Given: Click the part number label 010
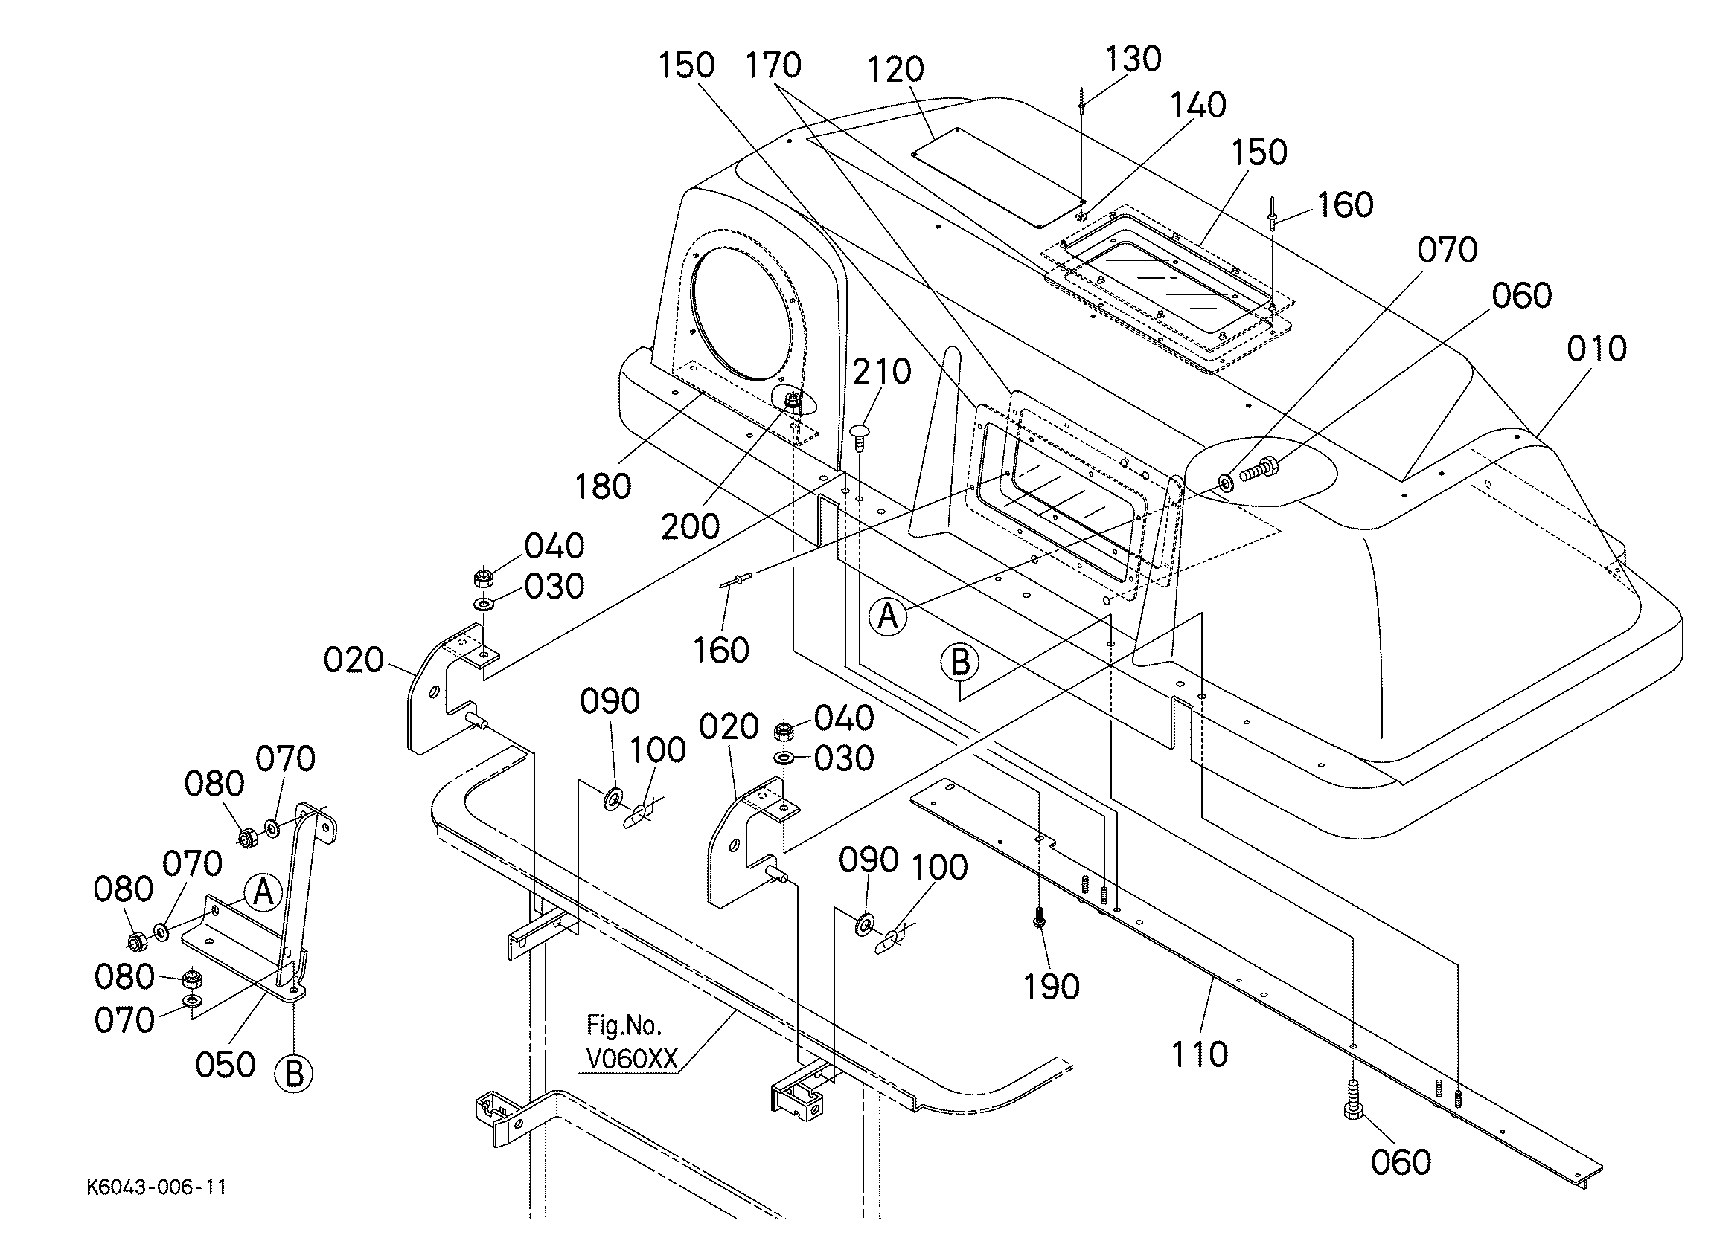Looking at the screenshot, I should tap(1596, 349).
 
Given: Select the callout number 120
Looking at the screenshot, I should tap(895, 69).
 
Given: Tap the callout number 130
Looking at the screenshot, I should tap(1133, 59).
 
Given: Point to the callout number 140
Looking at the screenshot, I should tap(1198, 106).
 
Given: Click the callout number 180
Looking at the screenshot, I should tap(603, 487).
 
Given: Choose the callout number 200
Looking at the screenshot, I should tap(691, 526).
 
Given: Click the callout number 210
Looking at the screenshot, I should tap(882, 372).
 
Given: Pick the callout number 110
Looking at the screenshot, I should tap(1200, 1054).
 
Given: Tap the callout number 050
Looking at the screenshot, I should tap(225, 1065).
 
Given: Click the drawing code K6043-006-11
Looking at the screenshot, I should tap(157, 1187).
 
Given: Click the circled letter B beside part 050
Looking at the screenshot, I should tap(294, 1074).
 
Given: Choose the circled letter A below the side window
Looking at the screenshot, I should tap(888, 617).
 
